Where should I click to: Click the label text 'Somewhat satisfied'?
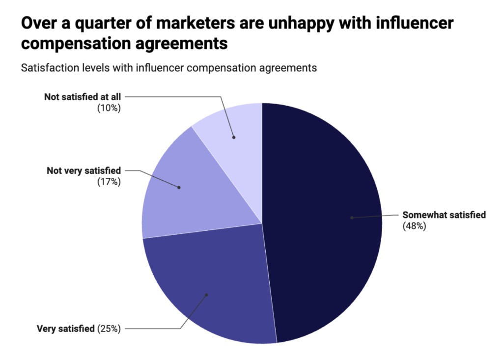click(x=444, y=215)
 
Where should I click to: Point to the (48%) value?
click(x=414, y=226)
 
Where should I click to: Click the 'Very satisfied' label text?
click(x=65, y=329)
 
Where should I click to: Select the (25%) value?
click(x=109, y=329)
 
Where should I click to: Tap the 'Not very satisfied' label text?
click(x=84, y=171)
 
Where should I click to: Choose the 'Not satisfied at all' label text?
click(x=82, y=97)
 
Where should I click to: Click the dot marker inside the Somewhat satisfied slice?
click(x=352, y=218)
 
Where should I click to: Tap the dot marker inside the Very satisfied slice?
click(x=206, y=295)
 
